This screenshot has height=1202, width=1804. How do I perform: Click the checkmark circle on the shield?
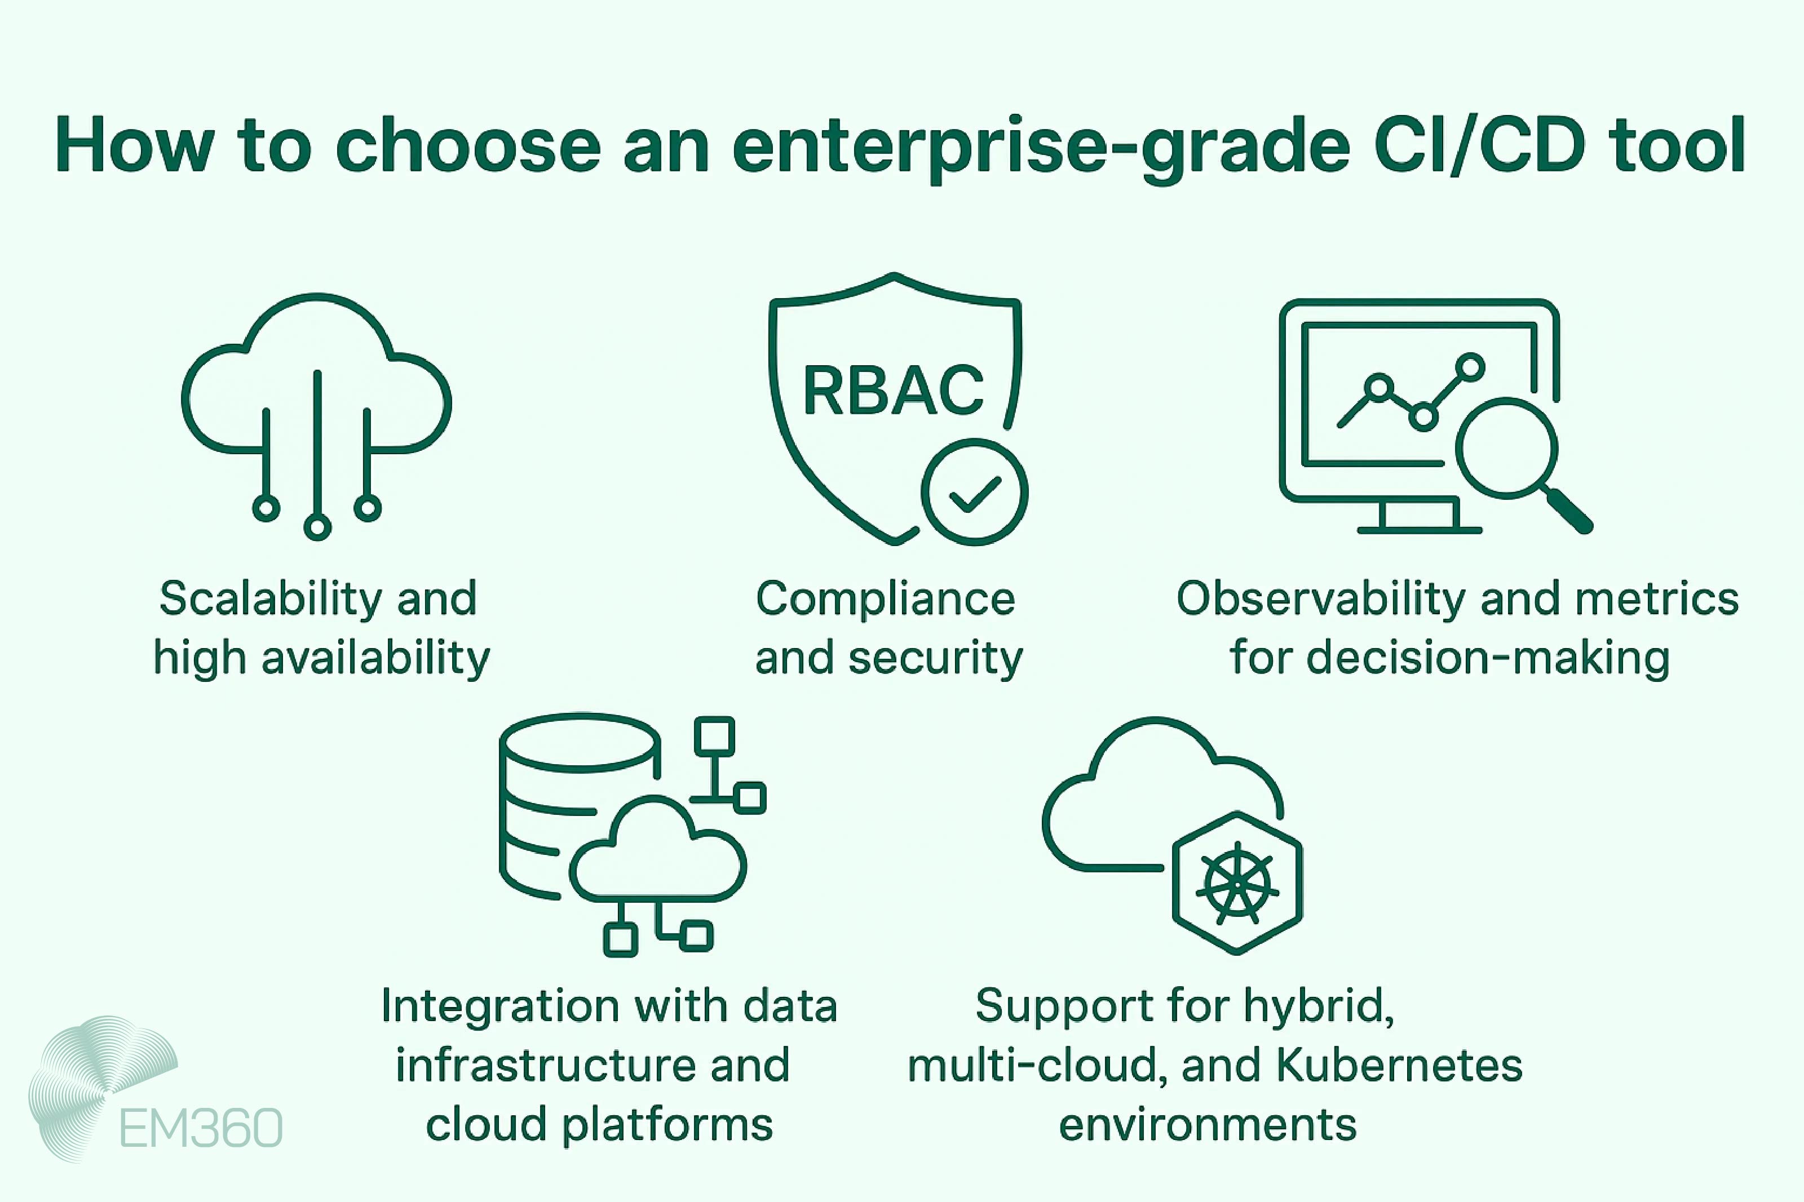coord(975,492)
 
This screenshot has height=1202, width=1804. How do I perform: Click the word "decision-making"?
coord(1487,658)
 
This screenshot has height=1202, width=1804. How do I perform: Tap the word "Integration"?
coord(490,1006)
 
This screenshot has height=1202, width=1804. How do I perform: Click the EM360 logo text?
coord(201,1128)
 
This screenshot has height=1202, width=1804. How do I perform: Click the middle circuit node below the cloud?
coord(317,527)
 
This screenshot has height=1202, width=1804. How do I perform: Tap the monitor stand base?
coord(1419,529)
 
